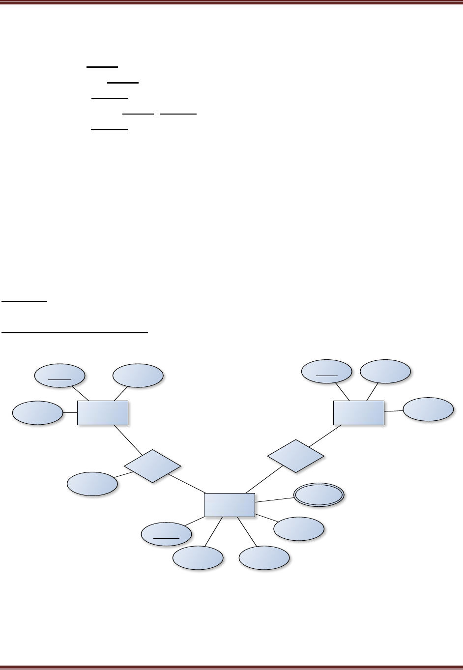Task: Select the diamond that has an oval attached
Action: [152, 466]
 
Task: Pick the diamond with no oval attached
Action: [296, 456]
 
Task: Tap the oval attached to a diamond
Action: [92, 484]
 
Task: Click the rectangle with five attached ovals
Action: [230, 505]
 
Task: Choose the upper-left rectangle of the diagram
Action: [103, 412]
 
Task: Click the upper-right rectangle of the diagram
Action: [359, 412]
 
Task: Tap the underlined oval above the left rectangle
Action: [59, 376]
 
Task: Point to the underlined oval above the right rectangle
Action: [327, 372]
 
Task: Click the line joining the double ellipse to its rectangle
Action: [274, 500]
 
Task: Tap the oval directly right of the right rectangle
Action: [428, 409]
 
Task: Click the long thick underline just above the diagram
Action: [75, 333]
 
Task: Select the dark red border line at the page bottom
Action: [231, 667]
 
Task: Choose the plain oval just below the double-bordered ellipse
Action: [299, 528]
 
